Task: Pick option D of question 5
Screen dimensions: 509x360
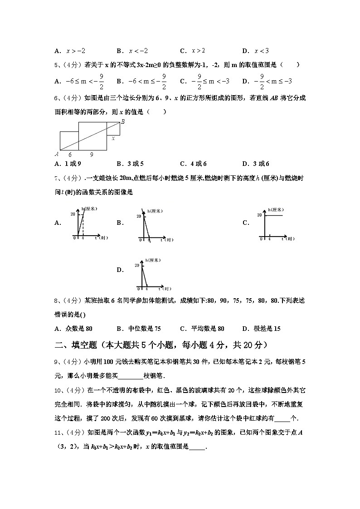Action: tap(267, 82)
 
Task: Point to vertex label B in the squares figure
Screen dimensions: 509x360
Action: tap(122, 121)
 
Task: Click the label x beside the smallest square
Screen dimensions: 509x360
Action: tap(113, 138)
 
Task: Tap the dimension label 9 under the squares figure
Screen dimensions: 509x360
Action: tap(92, 155)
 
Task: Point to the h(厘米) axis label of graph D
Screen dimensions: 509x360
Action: tap(153, 260)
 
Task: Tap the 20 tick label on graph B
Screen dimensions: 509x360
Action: tap(139, 216)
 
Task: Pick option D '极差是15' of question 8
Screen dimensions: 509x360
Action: tap(261, 329)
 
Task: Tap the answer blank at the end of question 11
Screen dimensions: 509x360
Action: tap(197, 447)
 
